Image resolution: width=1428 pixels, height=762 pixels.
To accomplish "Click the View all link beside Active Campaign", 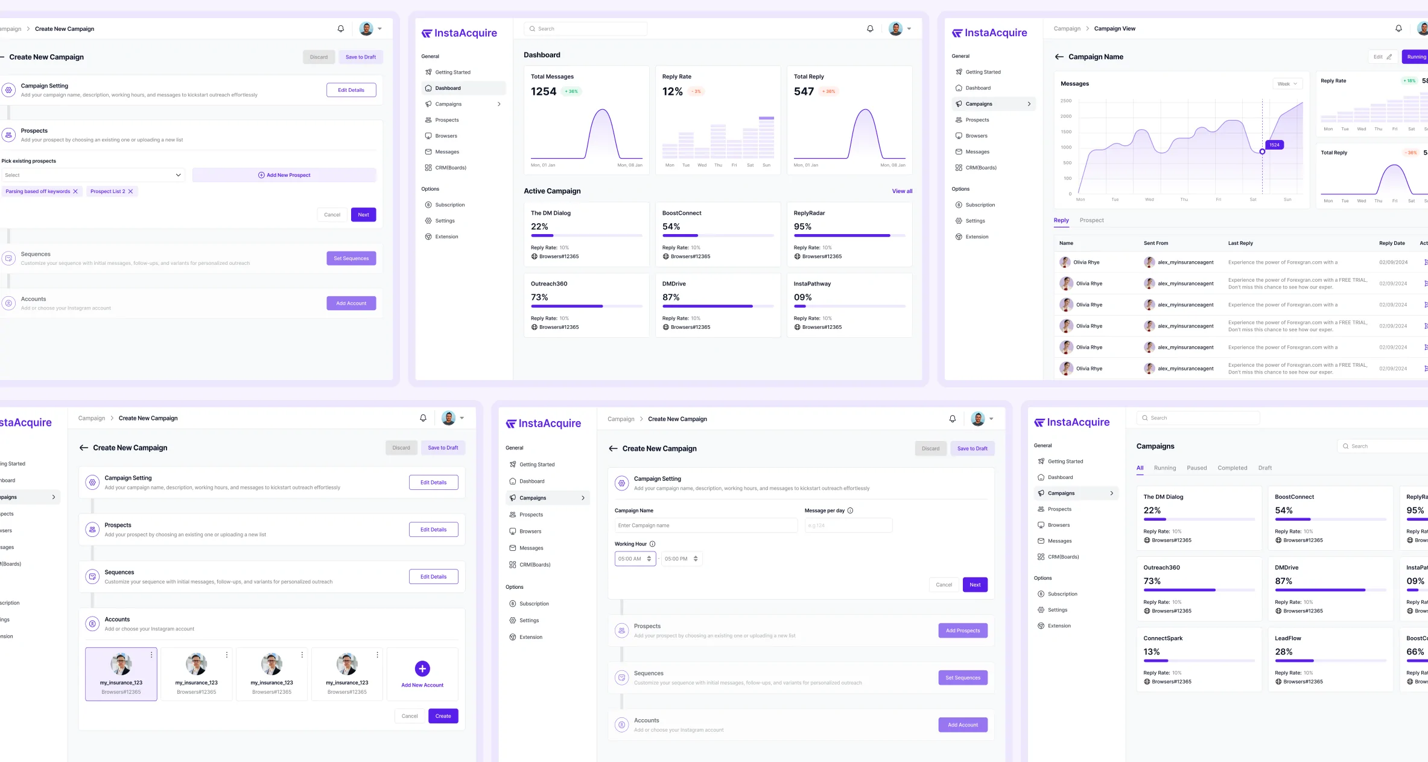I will point(902,191).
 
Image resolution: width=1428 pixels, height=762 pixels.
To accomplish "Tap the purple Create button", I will point(443,716).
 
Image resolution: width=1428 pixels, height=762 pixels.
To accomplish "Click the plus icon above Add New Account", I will point(422,668).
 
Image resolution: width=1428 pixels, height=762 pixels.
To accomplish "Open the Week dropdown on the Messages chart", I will point(1287,84).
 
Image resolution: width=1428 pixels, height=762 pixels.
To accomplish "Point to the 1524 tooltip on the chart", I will point(1274,145).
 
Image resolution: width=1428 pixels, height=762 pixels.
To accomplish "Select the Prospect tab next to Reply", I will point(1091,220).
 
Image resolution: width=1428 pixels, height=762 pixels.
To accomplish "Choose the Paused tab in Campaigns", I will point(1196,468).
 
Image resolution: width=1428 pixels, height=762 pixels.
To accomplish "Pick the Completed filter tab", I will point(1232,468).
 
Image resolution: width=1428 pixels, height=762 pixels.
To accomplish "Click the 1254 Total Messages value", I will point(543,92).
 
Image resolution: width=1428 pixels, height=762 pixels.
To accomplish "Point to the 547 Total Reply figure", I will point(804,92).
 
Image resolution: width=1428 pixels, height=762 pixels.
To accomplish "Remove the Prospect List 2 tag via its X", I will point(130,191).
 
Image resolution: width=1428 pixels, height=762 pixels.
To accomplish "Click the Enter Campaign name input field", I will point(705,525).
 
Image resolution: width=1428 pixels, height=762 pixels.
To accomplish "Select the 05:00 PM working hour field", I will point(681,559).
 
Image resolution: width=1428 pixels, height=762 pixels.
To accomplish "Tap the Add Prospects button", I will point(962,630).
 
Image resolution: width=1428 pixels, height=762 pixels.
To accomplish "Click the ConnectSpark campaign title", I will point(1163,638).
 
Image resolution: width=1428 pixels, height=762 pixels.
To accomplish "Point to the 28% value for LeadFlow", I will point(1283,652).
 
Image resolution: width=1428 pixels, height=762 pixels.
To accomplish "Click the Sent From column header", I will point(1155,243).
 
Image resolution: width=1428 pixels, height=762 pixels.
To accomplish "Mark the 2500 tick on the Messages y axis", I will point(1065,101).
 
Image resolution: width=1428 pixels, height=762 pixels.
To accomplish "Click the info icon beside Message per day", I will point(850,510).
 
